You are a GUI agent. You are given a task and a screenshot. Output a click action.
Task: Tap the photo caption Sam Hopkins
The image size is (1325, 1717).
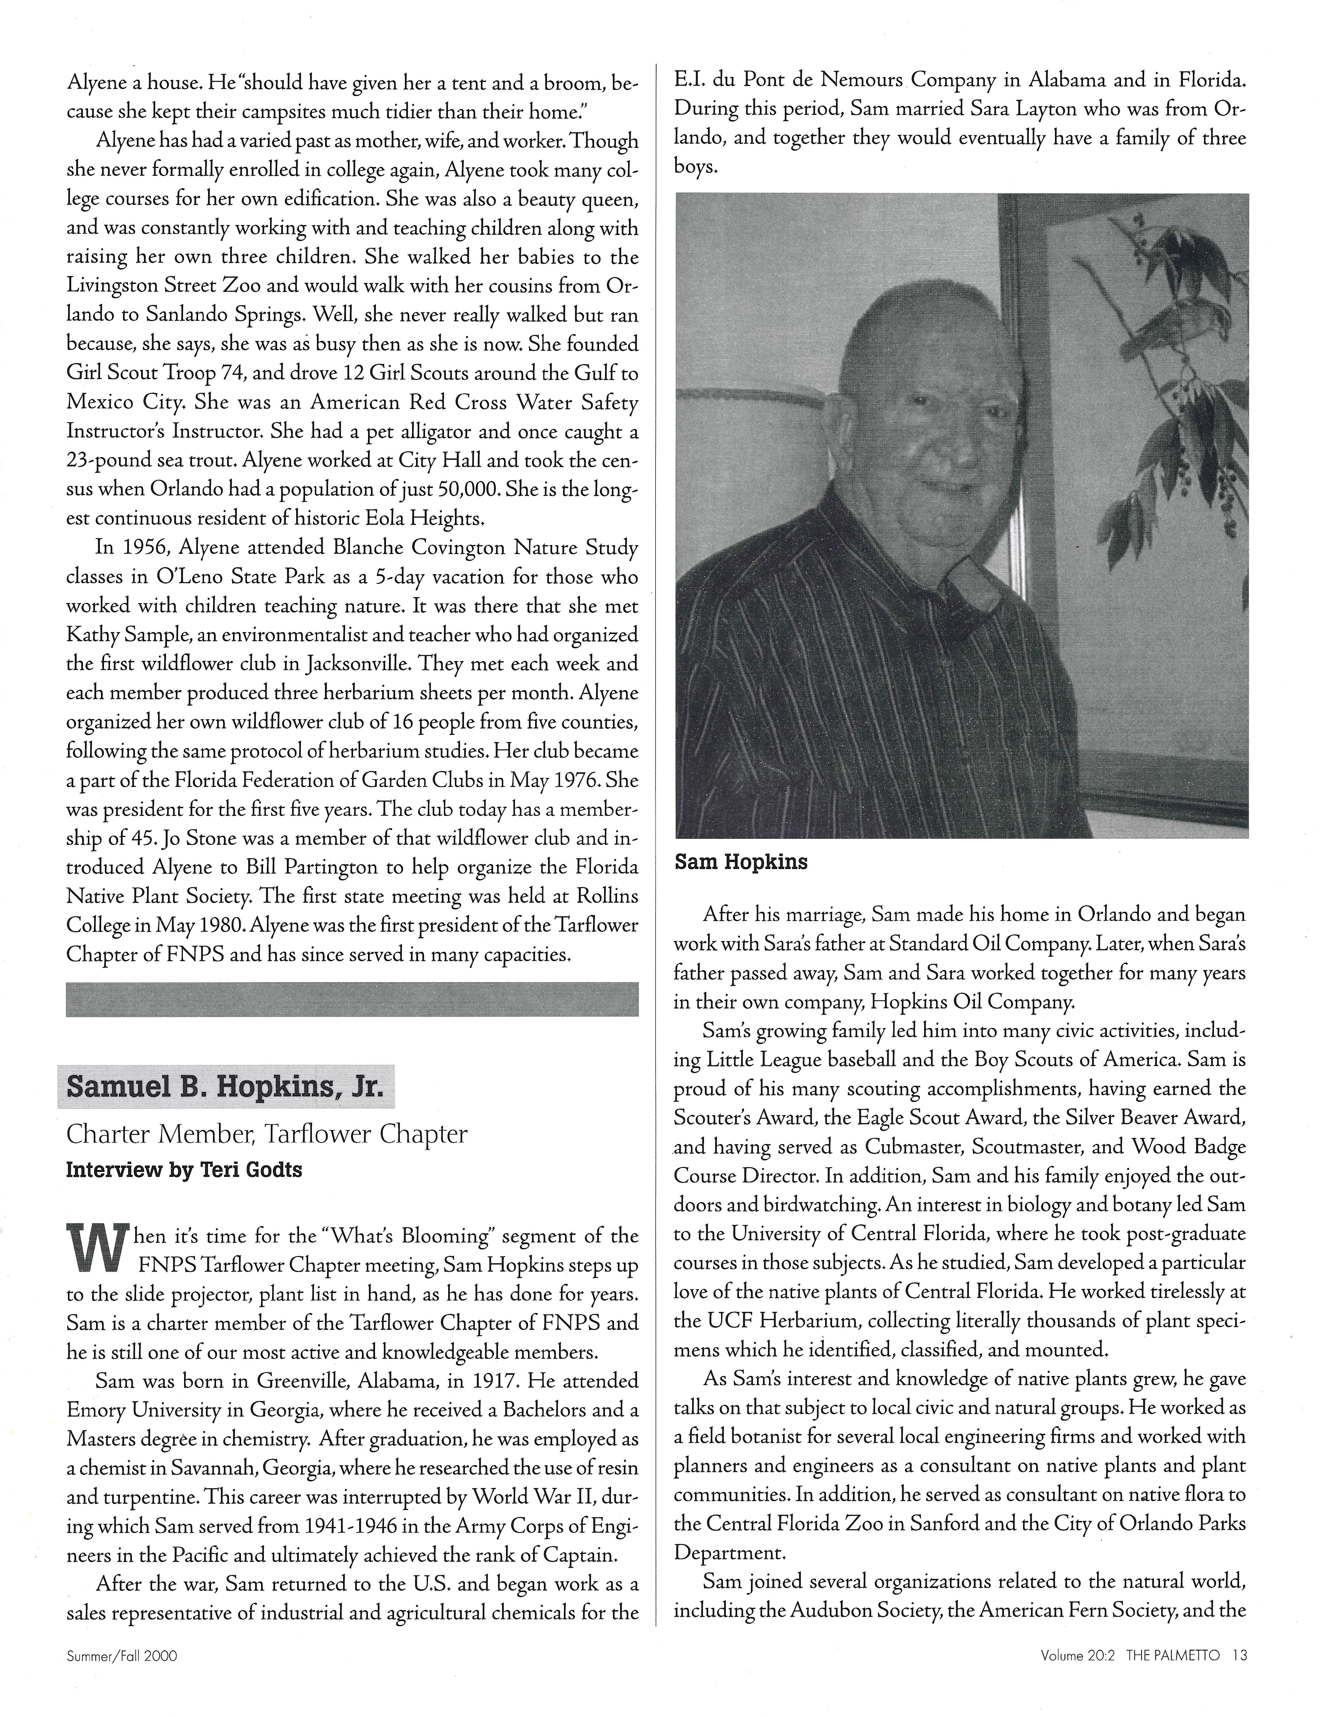click(x=741, y=862)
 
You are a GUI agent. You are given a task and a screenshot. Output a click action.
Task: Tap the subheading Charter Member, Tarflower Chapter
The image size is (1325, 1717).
click(x=266, y=1134)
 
